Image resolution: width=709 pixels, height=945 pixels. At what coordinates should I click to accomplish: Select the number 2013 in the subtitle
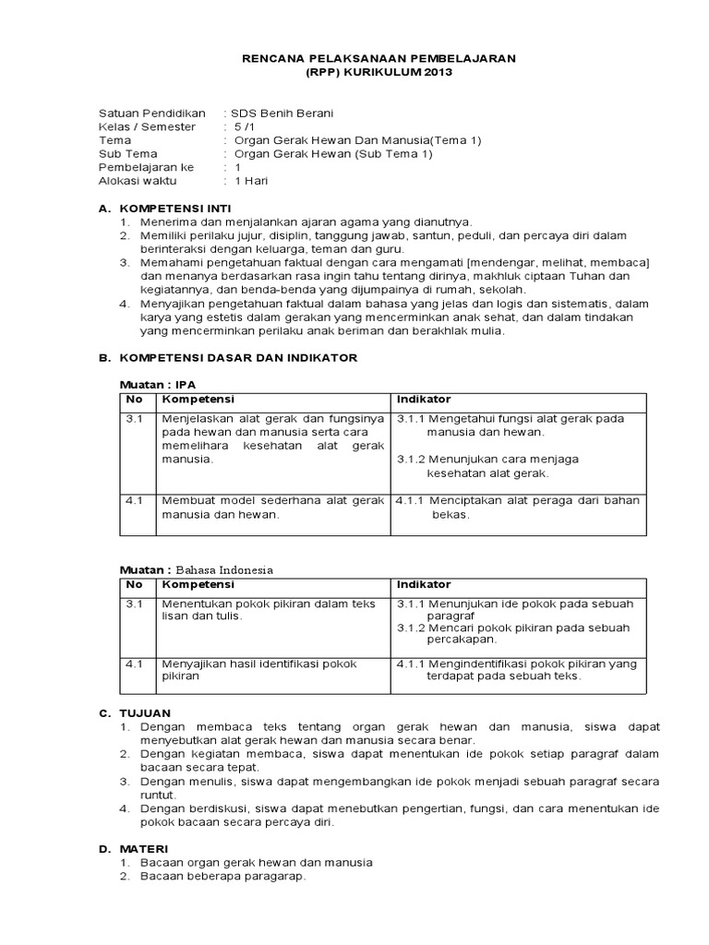click(439, 72)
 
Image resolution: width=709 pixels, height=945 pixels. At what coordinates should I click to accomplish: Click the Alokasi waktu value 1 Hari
click(251, 182)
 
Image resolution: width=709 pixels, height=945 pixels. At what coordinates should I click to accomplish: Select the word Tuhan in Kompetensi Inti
click(595, 275)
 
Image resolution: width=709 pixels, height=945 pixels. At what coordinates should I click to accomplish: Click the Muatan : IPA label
click(158, 384)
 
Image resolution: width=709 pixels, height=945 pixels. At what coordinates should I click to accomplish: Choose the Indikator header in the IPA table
click(424, 399)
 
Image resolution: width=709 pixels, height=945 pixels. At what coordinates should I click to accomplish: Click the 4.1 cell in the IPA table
click(134, 500)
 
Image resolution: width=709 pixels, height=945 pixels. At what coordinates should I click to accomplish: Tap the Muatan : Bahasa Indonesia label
click(198, 569)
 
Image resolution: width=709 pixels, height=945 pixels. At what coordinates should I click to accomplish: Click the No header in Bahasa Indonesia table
click(134, 584)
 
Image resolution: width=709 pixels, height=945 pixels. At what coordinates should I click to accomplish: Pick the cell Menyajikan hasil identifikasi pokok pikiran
click(259, 669)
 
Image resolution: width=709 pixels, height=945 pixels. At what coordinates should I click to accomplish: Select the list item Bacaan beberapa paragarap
click(222, 876)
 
